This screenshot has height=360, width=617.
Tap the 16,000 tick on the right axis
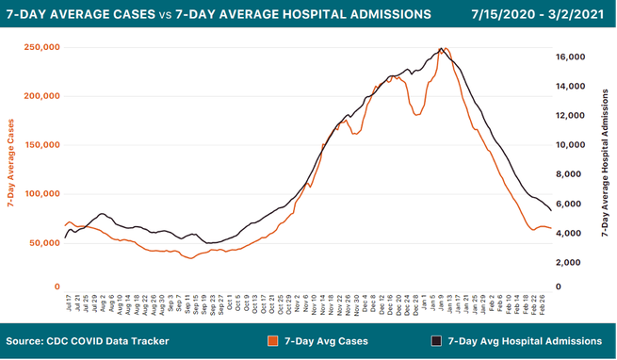tap(571, 57)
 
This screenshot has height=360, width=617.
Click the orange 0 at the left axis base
tap(57, 286)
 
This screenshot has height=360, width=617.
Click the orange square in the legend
tap(274, 340)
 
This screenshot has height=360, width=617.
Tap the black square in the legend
tap(436, 340)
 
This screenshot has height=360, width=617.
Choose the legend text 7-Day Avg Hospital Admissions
tap(525, 340)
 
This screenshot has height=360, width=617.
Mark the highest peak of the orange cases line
tap(446, 49)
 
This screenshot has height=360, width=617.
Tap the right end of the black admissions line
tap(550, 210)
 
